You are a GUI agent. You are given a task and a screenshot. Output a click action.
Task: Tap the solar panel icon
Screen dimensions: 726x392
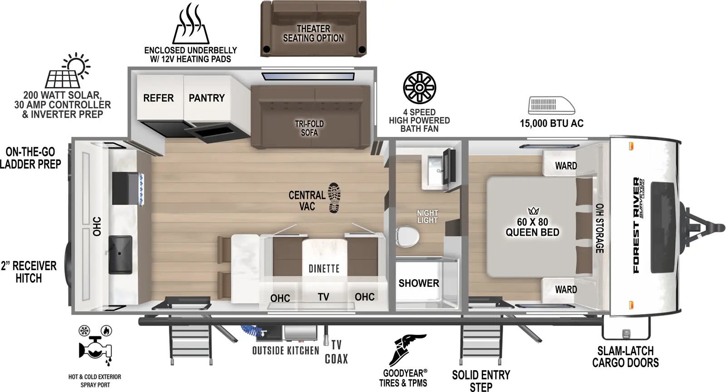pos(68,71)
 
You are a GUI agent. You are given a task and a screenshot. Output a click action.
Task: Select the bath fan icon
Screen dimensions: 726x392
pos(419,88)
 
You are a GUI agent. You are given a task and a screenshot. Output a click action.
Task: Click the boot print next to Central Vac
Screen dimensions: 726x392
pos(334,198)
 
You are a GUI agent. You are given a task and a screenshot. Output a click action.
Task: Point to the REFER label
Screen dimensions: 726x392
pos(158,98)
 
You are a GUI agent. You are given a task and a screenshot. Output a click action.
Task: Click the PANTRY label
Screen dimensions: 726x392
pos(207,98)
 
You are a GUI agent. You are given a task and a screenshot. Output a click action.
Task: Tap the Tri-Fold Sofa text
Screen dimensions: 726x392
pos(309,128)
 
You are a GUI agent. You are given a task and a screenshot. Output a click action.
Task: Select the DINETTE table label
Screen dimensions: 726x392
pos(324,269)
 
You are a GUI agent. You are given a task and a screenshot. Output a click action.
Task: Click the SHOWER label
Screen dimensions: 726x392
pos(419,283)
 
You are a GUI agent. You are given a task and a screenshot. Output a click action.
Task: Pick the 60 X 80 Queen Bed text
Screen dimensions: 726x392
pos(533,227)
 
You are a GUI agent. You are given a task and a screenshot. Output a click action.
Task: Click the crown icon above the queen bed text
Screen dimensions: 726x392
pos(533,211)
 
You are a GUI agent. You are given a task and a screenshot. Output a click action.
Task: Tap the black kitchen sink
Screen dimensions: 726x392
pos(120,255)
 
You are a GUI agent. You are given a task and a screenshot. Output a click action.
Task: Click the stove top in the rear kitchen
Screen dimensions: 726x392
pos(128,189)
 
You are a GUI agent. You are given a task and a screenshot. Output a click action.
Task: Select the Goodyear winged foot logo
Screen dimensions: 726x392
pos(407,351)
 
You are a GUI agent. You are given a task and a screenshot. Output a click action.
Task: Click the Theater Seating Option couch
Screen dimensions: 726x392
pos(314,29)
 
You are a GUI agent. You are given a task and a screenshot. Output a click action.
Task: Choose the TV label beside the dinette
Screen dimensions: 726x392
pos(324,297)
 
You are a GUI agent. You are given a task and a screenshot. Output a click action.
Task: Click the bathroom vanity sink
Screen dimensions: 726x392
pos(435,170)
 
